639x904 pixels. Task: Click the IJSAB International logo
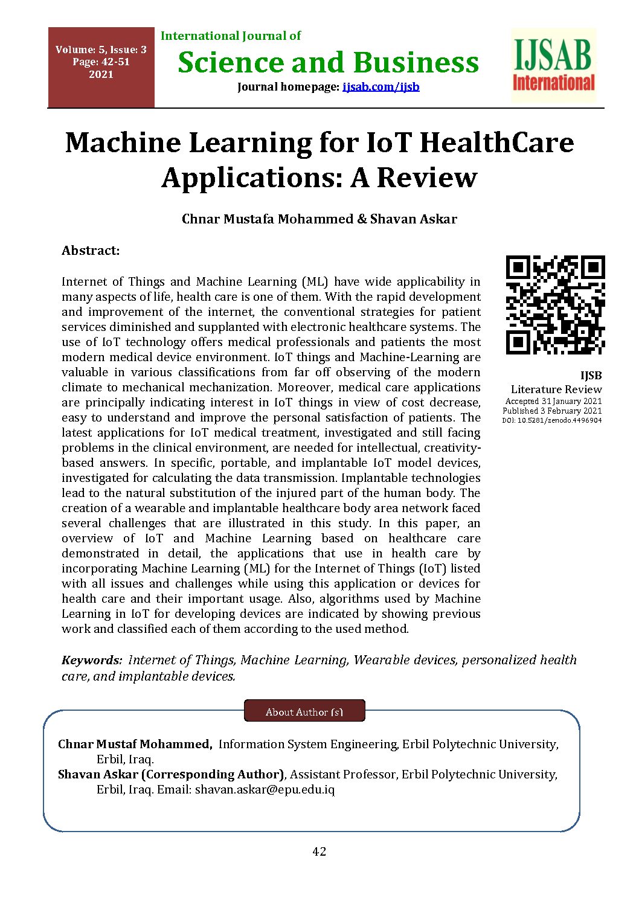pos(553,65)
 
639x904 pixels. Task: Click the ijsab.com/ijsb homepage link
pos(381,87)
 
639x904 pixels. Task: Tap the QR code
pos(555,305)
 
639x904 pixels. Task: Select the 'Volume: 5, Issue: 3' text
pos(101,50)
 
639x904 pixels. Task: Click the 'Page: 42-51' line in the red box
pos(101,62)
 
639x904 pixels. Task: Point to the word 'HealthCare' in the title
pos(496,143)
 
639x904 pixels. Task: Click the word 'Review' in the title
pos(427,178)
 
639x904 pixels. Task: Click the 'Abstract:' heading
pos(91,251)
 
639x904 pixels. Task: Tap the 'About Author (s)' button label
pos(304,712)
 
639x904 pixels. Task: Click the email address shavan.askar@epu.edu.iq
pos(265,789)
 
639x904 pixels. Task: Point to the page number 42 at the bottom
pos(319,851)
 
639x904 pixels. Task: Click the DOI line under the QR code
pos(552,420)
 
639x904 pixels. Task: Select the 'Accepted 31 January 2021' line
pos(553,401)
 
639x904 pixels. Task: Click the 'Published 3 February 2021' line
pos(552,411)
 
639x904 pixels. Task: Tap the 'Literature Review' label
pos(556,389)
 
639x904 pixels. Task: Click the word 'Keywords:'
pos(92,660)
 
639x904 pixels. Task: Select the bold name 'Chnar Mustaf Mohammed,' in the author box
pos(135,745)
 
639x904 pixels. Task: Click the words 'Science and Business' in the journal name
pos(328,63)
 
